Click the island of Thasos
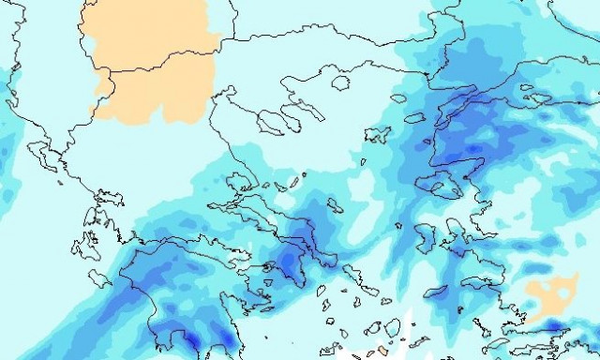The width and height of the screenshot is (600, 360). click(339, 83)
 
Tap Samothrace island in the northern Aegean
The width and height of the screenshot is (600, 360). click(397, 97)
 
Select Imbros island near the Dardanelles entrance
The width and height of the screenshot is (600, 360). click(415, 118)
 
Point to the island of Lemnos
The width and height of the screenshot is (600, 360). click(377, 135)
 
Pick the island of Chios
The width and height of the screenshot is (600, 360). click(424, 231)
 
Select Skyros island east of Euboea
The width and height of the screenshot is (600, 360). click(335, 204)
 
